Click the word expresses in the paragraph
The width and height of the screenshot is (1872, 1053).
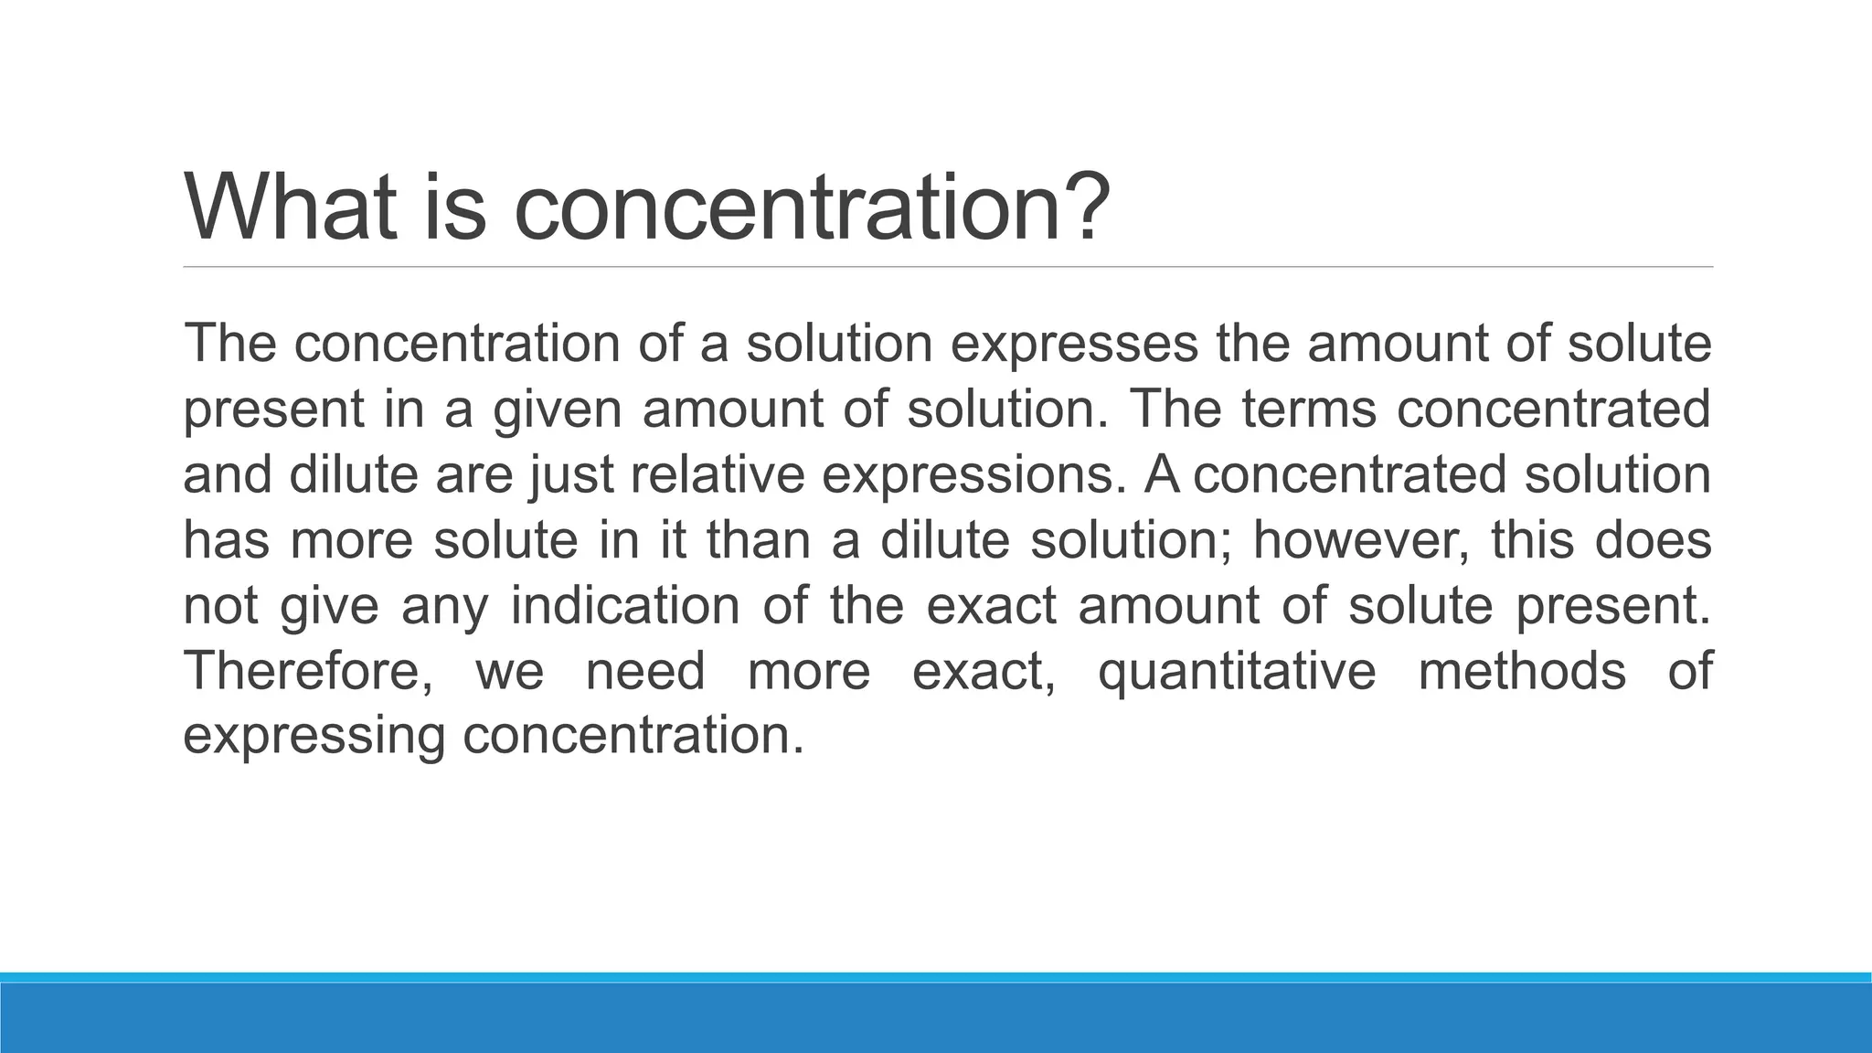tap(1074, 344)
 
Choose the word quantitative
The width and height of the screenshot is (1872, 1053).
tap(1237, 673)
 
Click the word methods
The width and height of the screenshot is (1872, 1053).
tap(1522, 671)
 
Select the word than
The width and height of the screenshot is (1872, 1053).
tap(759, 540)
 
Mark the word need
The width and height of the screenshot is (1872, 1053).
tap(645, 671)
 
